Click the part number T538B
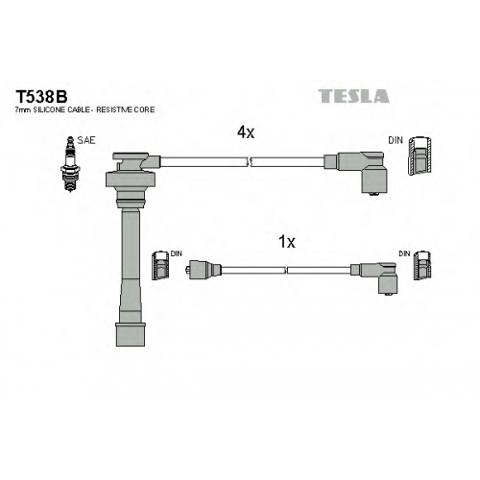coord(41,96)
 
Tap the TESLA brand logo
coord(353,96)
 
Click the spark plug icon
coord(69,164)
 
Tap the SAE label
coord(86,140)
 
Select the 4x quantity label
coord(246,132)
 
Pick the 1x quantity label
coord(287,242)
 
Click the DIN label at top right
coord(396,140)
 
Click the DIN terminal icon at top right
coord(420,156)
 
